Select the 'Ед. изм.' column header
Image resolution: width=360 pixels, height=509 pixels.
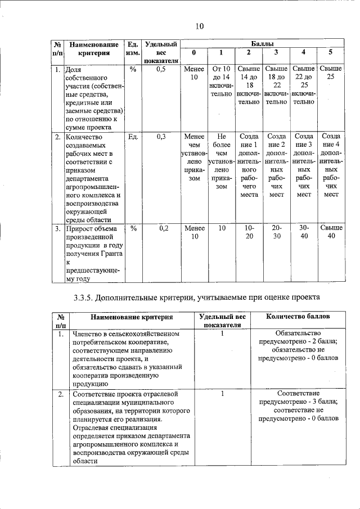133,48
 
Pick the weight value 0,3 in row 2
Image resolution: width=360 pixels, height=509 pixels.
161,136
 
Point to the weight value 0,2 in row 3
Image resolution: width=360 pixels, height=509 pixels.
161,228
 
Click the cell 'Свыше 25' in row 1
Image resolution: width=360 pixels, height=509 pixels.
330,73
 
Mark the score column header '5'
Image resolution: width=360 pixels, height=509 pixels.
330,53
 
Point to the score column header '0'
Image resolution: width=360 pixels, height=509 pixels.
193,53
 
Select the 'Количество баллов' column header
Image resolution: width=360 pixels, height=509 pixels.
298,317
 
